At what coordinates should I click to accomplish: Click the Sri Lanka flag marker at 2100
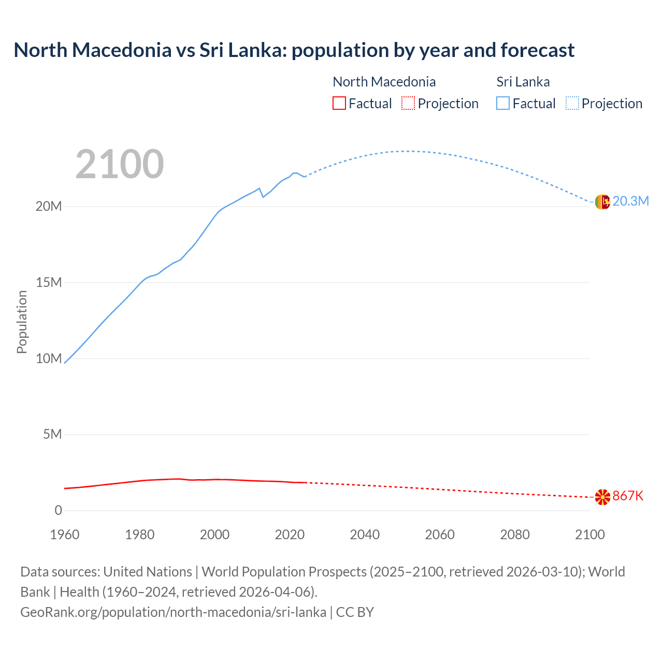tap(602, 202)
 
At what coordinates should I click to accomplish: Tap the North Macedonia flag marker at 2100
tap(602, 497)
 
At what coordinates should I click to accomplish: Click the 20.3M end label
tap(630, 201)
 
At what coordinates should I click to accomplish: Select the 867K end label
tap(628, 496)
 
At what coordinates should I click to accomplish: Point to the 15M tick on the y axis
tap(49, 282)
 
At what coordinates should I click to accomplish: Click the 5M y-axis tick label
tap(52, 434)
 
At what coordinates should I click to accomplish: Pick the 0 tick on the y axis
tap(58, 510)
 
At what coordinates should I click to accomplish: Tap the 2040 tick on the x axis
tap(365, 535)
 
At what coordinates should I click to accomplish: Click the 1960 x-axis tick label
tap(65, 535)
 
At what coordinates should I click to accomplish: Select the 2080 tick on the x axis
tap(515, 535)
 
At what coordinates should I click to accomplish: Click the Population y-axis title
tap(22, 322)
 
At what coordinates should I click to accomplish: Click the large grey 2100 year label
tap(120, 164)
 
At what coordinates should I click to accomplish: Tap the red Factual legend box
tap(339, 103)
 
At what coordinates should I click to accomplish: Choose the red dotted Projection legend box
tap(408, 103)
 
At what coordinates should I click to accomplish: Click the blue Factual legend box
tap(503, 103)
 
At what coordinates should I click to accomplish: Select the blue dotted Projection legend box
tap(572, 103)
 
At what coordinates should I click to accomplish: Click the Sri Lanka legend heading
tap(523, 82)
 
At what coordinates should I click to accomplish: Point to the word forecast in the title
tap(538, 50)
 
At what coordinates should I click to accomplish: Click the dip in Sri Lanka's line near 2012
tap(263, 197)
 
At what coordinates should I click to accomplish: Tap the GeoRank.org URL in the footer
tap(173, 612)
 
